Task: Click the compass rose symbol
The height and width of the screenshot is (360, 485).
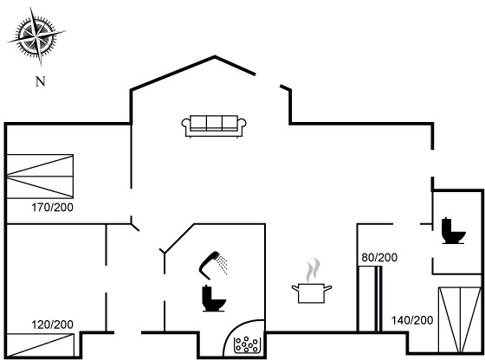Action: [x=36, y=37]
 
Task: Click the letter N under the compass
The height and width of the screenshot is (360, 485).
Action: [x=40, y=81]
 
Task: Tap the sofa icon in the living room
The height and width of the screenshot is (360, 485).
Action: [x=214, y=126]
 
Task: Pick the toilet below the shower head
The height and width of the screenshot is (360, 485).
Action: [x=214, y=299]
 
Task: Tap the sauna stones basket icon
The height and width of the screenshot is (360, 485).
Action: [x=246, y=344]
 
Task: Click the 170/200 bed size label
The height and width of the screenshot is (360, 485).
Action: [x=52, y=208]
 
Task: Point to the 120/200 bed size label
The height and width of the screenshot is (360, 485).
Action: [x=52, y=325]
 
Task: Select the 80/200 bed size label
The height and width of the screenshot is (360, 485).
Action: [x=379, y=257]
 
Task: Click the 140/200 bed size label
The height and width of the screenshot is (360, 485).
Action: [x=412, y=320]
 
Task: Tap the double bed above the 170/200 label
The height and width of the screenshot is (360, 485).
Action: [x=40, y=177]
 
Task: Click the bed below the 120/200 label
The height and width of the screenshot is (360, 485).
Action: [x=40, y=345]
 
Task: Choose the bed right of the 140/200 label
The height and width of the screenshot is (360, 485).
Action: [x=460, y=320]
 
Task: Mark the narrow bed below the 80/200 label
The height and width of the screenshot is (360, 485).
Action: [x=370, y=299]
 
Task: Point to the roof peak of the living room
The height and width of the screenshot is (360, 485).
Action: [x=215, y=56]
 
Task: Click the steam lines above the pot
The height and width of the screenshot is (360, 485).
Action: [x=313, y=270]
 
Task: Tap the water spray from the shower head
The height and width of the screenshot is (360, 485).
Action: [x=222, y=264]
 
